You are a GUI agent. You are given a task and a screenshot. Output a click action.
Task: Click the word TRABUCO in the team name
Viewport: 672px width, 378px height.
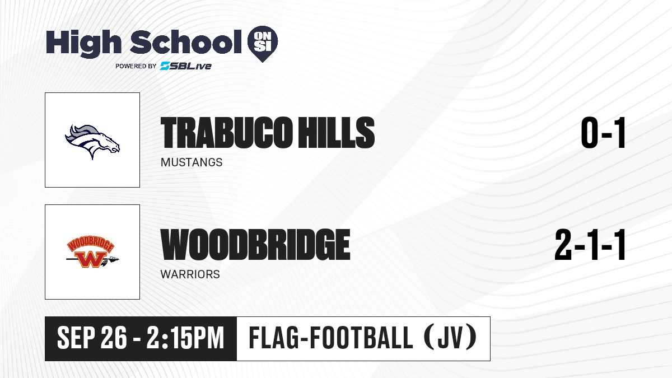coord(226,133)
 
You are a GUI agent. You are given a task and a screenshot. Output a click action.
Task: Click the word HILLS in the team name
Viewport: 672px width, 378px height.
coord(337,133)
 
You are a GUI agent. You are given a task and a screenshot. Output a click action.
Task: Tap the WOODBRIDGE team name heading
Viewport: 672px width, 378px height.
coord(255,245)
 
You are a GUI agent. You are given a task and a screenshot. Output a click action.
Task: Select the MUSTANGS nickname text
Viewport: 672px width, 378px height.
coord(192,162)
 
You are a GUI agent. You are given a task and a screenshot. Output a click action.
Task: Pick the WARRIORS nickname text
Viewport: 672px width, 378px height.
coord(190,274)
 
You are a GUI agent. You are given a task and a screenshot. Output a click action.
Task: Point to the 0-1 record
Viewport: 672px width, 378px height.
coord(603,133)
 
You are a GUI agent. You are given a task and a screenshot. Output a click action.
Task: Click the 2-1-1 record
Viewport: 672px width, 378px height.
coord(590,245)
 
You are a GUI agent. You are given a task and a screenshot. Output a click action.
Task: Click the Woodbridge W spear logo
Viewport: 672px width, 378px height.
coord(92,252)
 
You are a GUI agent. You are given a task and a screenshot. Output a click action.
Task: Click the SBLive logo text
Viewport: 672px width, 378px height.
coord(186,66)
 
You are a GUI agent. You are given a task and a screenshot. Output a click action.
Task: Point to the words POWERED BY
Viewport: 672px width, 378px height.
coord(136,66)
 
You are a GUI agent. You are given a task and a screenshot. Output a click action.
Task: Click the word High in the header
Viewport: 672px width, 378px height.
coord(83,43)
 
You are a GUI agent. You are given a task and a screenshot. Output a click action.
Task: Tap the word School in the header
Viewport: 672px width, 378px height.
coord(186,42)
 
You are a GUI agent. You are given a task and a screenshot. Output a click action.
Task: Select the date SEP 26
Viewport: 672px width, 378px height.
coord(92,338)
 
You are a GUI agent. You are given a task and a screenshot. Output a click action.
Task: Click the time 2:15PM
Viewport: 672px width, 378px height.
coord(185,338)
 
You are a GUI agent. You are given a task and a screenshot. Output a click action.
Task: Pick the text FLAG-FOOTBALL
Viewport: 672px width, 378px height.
coord(330,338)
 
